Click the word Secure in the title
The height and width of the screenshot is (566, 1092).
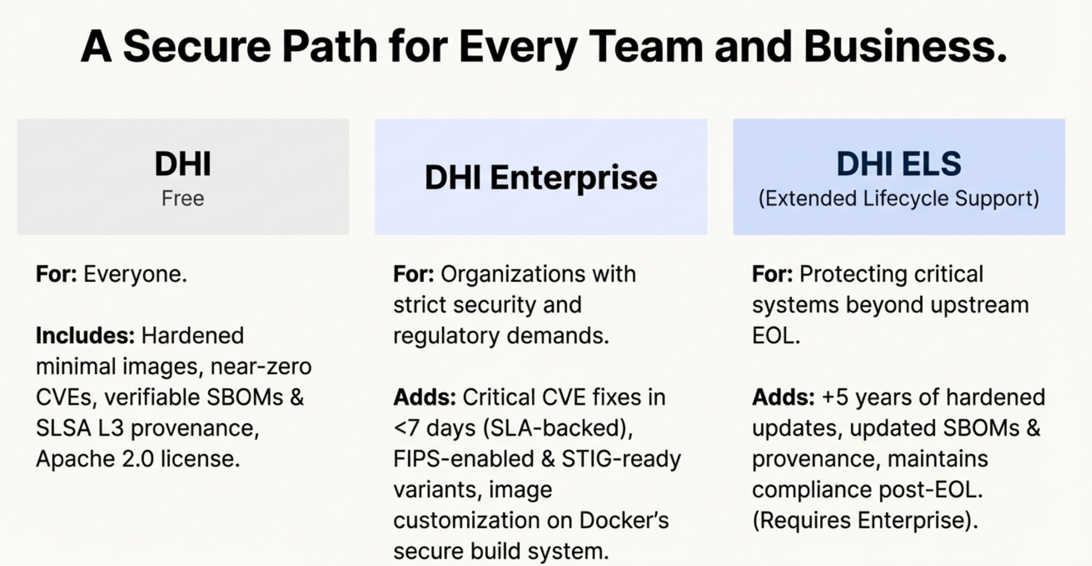tap(197, 46)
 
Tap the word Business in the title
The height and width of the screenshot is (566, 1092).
tap(905, 46)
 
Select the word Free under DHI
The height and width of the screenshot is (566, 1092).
tap(183, 198)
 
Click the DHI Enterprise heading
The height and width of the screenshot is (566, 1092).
tap(541, 177)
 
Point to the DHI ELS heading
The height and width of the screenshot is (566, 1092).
tap(899, 163)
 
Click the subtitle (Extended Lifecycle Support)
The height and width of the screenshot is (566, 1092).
tap(899, 198)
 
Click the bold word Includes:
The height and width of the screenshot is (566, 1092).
tap(85, 336)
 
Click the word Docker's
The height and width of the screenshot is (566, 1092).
tap(624, 520)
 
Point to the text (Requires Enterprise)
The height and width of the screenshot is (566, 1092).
tap(865, 521)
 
